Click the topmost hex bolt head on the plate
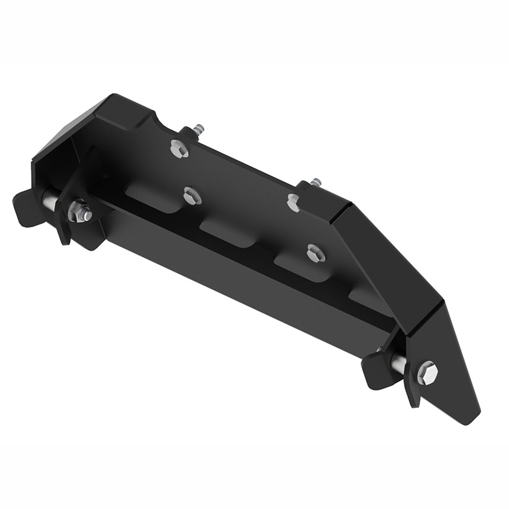click(x=179, y=149)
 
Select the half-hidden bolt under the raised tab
click(x=293, y=203)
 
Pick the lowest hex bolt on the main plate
click(x=315, y=253)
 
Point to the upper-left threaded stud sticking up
click(x=199, y=129)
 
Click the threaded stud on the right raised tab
click(x=316, y=183)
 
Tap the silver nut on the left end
click(x=80, y=211)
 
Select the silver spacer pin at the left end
click(x=50, y=200)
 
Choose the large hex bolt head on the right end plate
click(x=427, y=372)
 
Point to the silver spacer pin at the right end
click(x=398, y=363)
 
